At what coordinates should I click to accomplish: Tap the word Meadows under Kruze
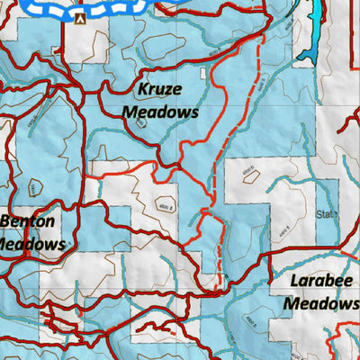click(x=160, y=112)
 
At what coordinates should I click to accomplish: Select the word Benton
click(x=28, y=221)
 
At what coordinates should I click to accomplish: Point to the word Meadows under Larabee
click(x=321, y=303)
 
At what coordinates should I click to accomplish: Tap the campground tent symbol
click(x=81, y=17)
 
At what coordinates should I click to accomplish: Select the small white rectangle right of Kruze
click(x=205, y=74)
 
